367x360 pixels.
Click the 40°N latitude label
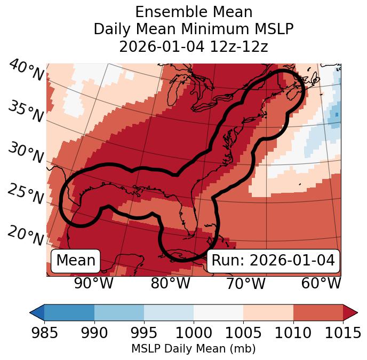coord(26,71)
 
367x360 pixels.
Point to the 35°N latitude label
coord(26,111)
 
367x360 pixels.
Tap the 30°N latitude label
coord(26,153)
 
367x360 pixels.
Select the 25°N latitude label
coord(26,194)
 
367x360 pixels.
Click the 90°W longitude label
coord(93,283)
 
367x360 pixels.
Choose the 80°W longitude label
coord(170,283)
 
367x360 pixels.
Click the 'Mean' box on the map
coord(76,261)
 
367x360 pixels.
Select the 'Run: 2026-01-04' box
coord(273,261)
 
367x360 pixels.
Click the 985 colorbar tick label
coord(44,333)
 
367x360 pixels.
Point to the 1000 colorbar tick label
coord(194,333)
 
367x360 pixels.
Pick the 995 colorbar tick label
coord(144,333)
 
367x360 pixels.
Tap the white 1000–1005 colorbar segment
coord(218,312)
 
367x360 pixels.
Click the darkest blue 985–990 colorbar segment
coord(69,312)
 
